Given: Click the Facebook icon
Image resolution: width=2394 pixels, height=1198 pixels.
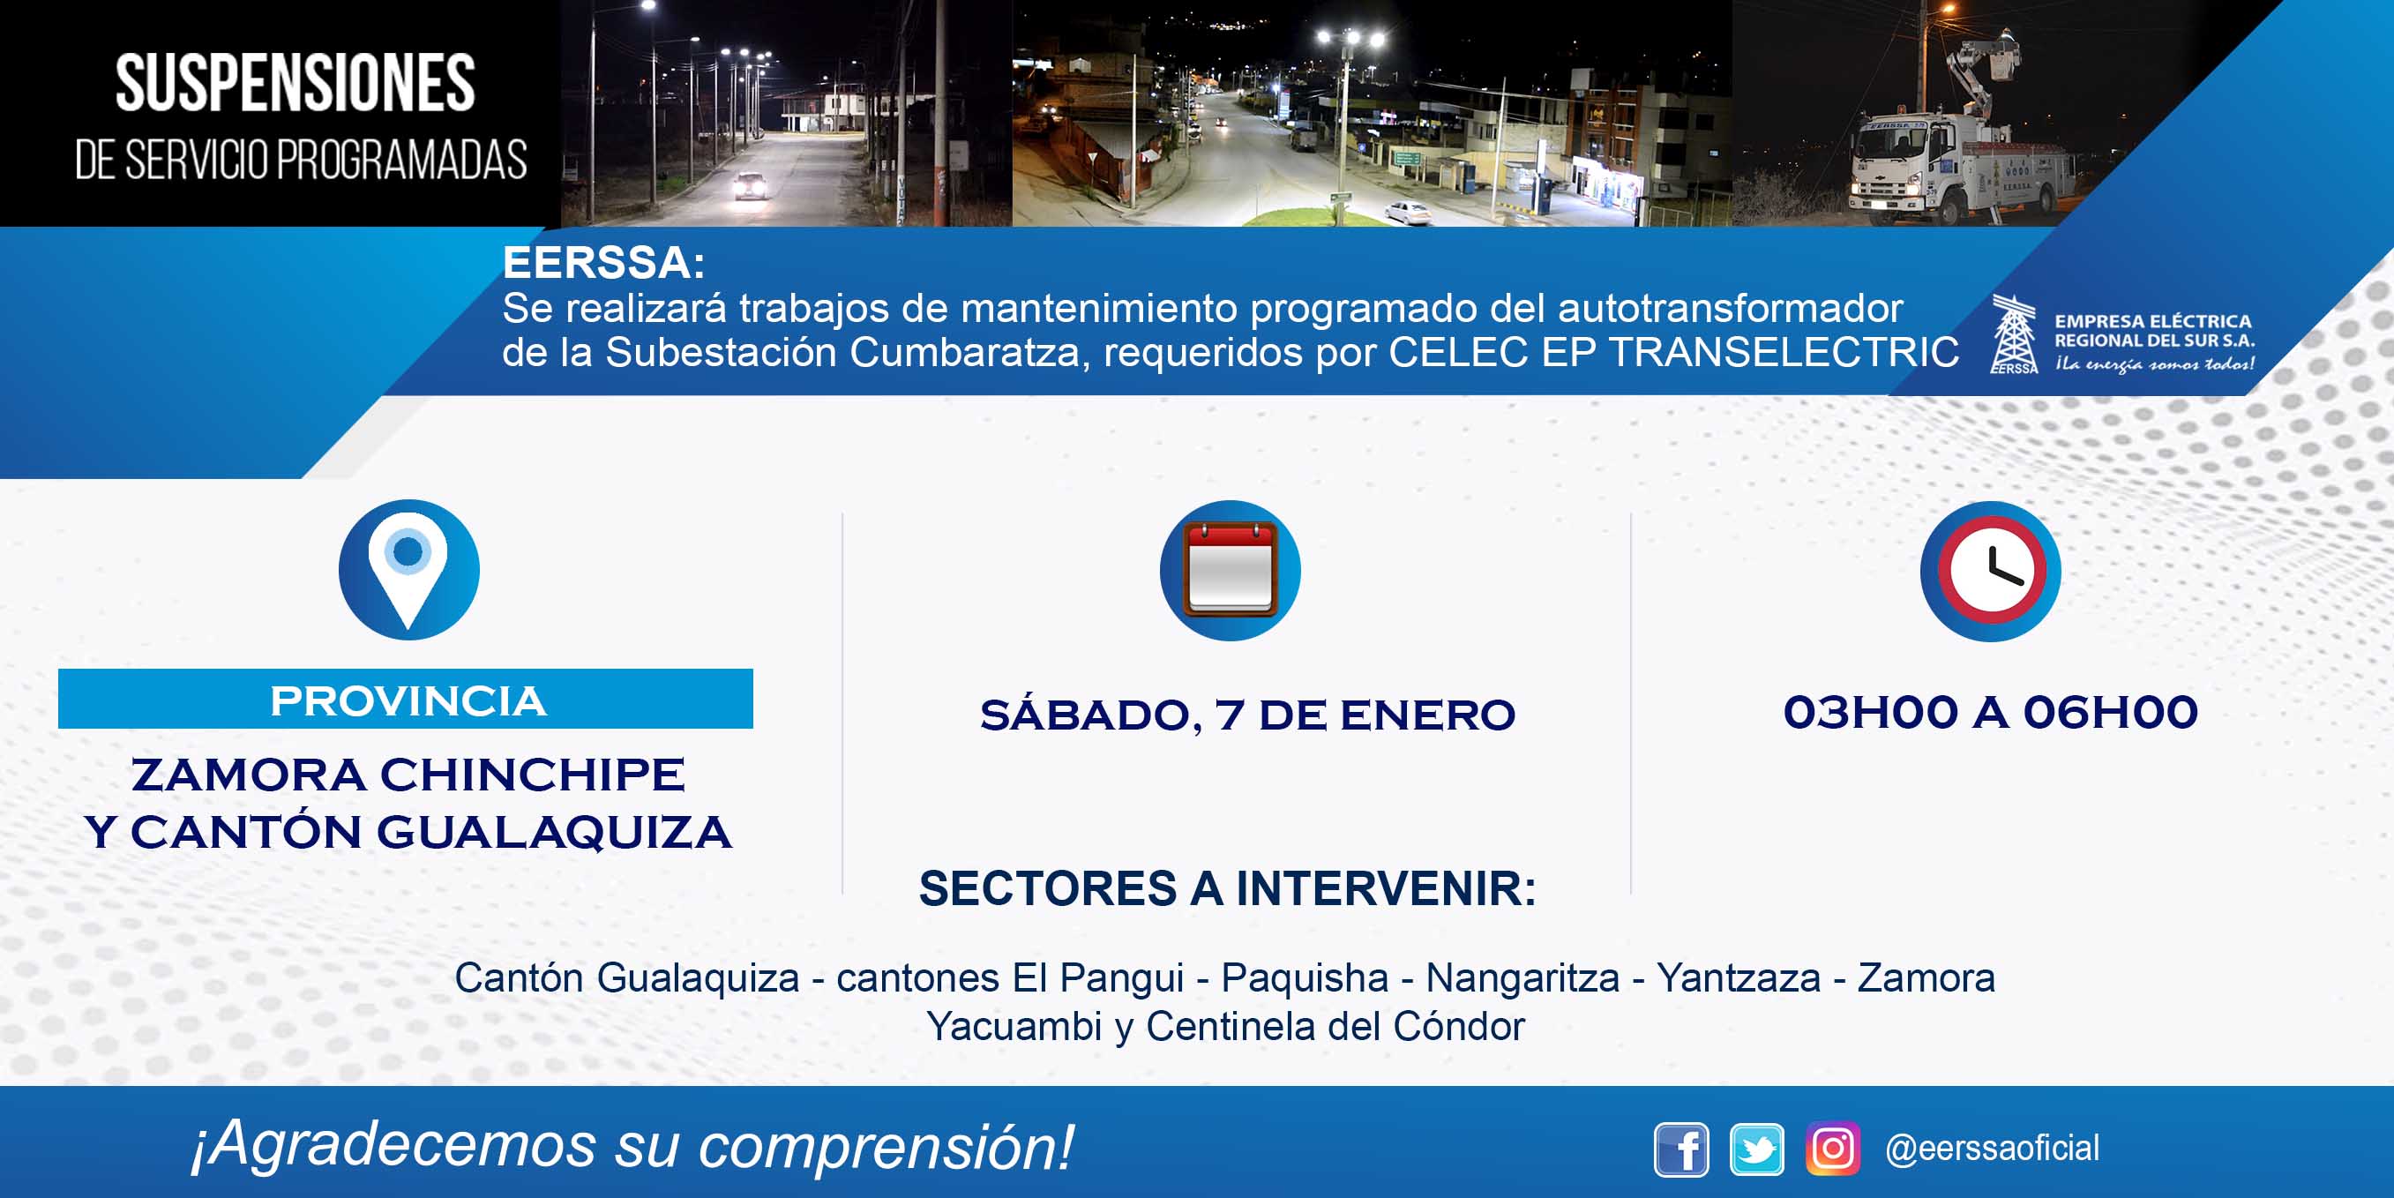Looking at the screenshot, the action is pos(1681,1149).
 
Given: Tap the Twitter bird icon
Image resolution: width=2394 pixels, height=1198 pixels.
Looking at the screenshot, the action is pos(1756,1149).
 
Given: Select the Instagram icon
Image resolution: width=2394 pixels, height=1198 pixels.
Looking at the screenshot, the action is pos(1833,1149).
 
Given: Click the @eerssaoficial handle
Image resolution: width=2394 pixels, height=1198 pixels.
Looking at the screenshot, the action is pos(1992,1149).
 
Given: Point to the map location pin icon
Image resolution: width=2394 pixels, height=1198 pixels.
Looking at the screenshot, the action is pos(409,570).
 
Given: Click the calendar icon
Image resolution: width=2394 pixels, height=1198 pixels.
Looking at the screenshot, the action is pos(1231,570).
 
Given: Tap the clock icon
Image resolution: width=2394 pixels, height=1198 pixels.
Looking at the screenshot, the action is pos(1991,571).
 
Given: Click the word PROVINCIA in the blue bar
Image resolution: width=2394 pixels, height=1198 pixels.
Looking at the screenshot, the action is pos(408,700).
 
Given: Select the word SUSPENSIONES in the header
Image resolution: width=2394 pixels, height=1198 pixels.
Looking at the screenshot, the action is pos(296,84).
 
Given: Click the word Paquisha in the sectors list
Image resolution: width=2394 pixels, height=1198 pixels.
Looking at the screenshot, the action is pos(1305,977).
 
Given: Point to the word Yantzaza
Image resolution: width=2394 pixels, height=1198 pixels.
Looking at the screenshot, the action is pos(1739,978).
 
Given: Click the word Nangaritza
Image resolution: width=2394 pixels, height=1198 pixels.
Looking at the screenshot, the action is pos(1522,978).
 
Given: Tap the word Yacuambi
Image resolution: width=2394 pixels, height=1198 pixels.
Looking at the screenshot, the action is pos(1014,1026).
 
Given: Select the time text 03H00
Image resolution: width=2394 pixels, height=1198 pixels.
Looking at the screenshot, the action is pos(1870,713).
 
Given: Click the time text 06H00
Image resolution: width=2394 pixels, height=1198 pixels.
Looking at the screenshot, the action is pos(2111,713).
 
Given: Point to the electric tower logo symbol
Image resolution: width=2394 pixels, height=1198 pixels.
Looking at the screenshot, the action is pos(2014,334).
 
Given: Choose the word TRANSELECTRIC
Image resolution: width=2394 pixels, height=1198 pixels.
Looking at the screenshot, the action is pos(1784,352).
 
